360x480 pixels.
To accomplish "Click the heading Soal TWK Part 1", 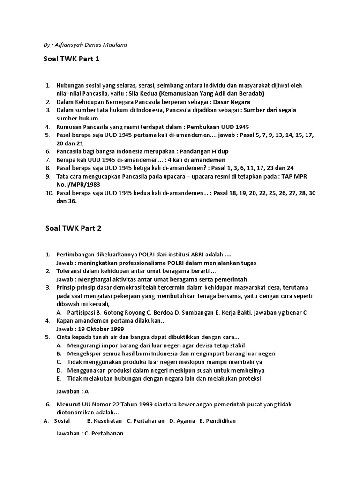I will pos(73,59).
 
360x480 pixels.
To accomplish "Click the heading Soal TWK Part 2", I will pos(73,228).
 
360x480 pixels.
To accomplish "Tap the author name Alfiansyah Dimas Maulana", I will pos(87,45).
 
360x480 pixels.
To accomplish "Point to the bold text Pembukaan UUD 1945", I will pos(221,127).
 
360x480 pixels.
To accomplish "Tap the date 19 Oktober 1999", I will pos(104,329).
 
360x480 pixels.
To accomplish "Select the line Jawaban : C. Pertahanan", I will pos(90,433).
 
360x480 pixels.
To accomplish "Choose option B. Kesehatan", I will pos(108,420).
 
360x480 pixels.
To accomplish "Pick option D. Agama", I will pos(182,420).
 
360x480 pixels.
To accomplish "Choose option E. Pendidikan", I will pos(217,420).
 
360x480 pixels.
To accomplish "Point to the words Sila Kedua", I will pos(142,93).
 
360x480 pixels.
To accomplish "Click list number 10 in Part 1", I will pos(49,193).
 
